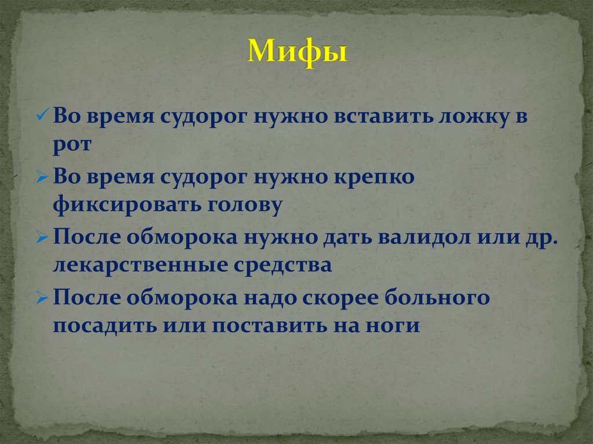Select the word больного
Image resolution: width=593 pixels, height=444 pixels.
(449, 298)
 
